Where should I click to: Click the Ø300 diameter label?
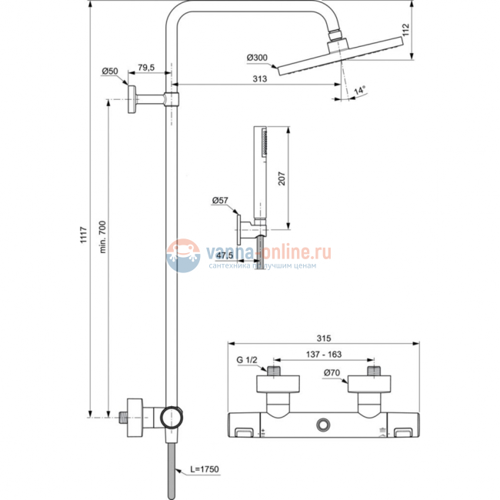(257, 58)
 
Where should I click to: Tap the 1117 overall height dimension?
(83, 235)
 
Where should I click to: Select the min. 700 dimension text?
(102, 237)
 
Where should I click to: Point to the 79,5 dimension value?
(146, 67)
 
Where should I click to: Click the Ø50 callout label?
(110, 71)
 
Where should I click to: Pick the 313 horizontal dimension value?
(259, 78)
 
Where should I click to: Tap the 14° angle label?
(359, 90)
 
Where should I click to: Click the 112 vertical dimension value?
(405, 30)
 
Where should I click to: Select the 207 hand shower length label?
(282, 178)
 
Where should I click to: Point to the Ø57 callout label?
(220, 200)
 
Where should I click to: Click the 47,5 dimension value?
(225, 255)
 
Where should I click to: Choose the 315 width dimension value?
(324, 338)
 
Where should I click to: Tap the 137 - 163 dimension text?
(324, 355)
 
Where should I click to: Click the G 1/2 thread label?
(246, 360)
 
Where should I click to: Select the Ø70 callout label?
(332, 372)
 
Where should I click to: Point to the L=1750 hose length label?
(205, 469)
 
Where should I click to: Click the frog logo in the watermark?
(183, 255)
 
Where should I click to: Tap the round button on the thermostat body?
(323, 425)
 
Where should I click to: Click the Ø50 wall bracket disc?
(132, 99)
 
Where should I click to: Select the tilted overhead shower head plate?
(341, 56)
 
